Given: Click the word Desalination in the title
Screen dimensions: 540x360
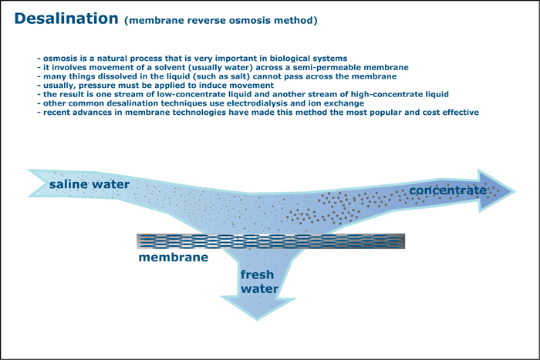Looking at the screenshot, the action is point(66,19).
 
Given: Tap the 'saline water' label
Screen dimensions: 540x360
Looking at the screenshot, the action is point(89,184).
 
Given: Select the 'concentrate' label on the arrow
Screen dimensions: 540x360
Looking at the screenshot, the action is point(447,190).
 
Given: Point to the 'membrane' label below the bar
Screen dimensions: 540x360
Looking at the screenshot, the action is point(174,257).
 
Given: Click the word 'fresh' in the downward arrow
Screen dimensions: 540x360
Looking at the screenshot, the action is point(257,274).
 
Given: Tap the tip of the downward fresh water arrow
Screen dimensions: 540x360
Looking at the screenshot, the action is point(257,320).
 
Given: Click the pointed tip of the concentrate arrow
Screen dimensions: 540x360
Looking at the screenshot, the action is point(515,191).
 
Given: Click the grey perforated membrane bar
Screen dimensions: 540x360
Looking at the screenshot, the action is point(271,241).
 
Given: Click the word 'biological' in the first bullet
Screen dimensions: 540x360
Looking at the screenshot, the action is point(289,58).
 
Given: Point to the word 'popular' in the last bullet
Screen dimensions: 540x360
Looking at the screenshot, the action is point(385,113).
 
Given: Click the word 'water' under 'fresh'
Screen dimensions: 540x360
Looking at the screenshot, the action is point(259,288).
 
